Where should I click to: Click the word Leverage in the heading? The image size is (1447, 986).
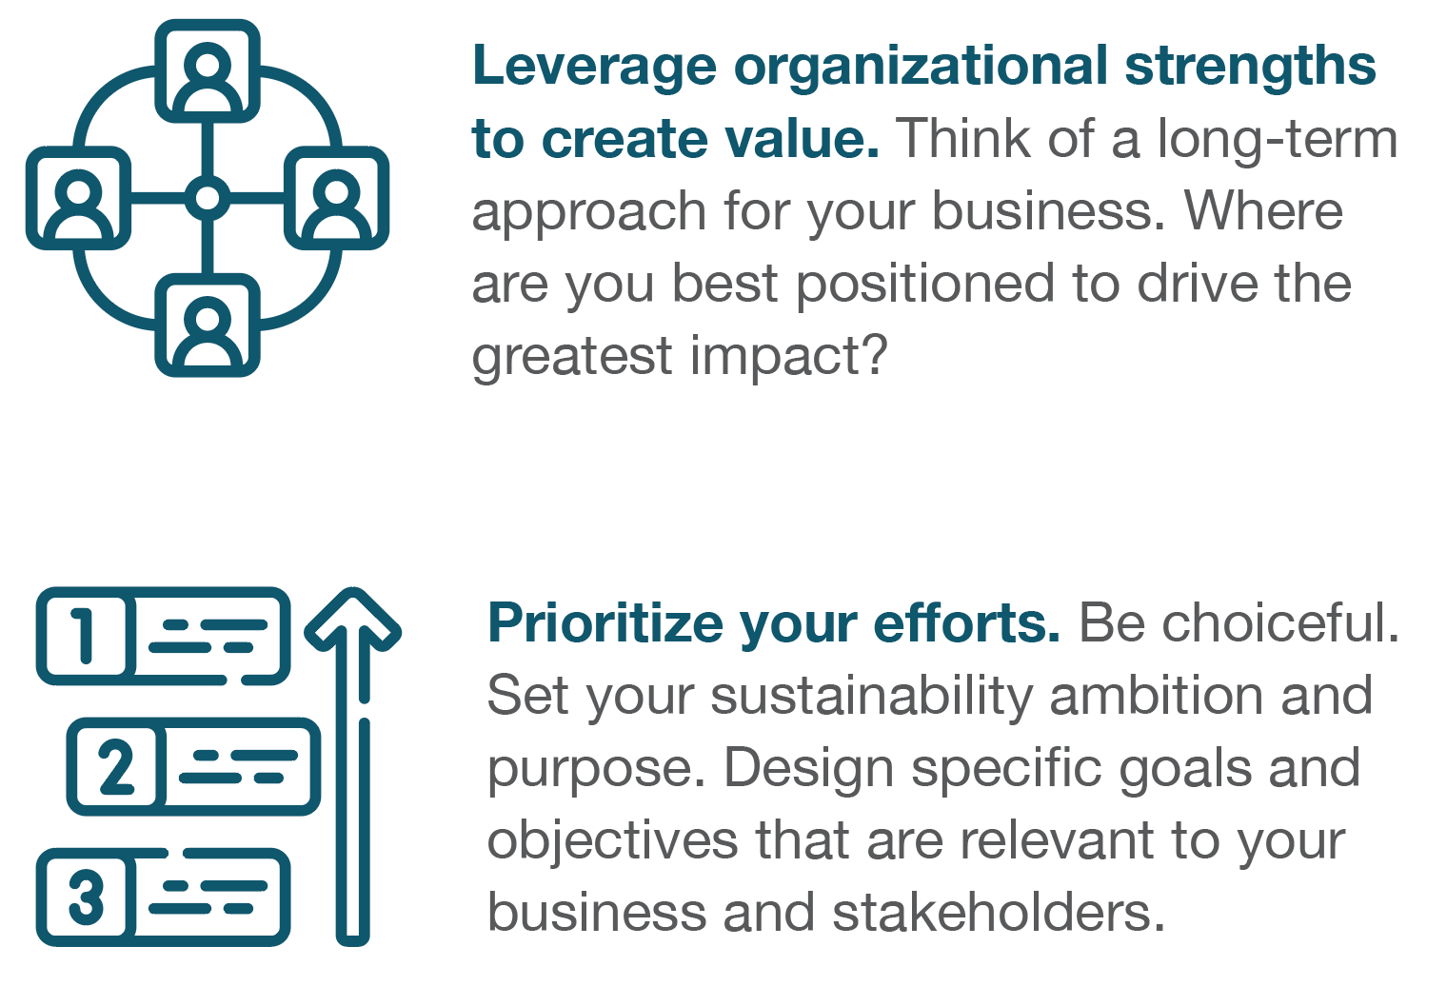[x=594, y=68]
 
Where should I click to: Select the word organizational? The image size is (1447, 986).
[x=922, y=66]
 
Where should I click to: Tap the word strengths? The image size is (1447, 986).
[x=1251, y=68]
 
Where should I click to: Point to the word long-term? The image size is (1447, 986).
[x=1278, y=141]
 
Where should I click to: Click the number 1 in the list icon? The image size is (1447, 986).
[x=84, y=636]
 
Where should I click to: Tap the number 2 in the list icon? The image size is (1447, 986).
[x=116, y=766]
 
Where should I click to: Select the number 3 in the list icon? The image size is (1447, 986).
[x=86, y=897]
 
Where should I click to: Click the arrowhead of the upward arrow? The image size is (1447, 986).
[x=352, y=620]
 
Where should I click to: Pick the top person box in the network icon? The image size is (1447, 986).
[x=208, y=71]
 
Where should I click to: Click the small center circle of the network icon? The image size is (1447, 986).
[x=208, y=198]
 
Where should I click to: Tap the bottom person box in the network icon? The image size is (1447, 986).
[x=208, y=325]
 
